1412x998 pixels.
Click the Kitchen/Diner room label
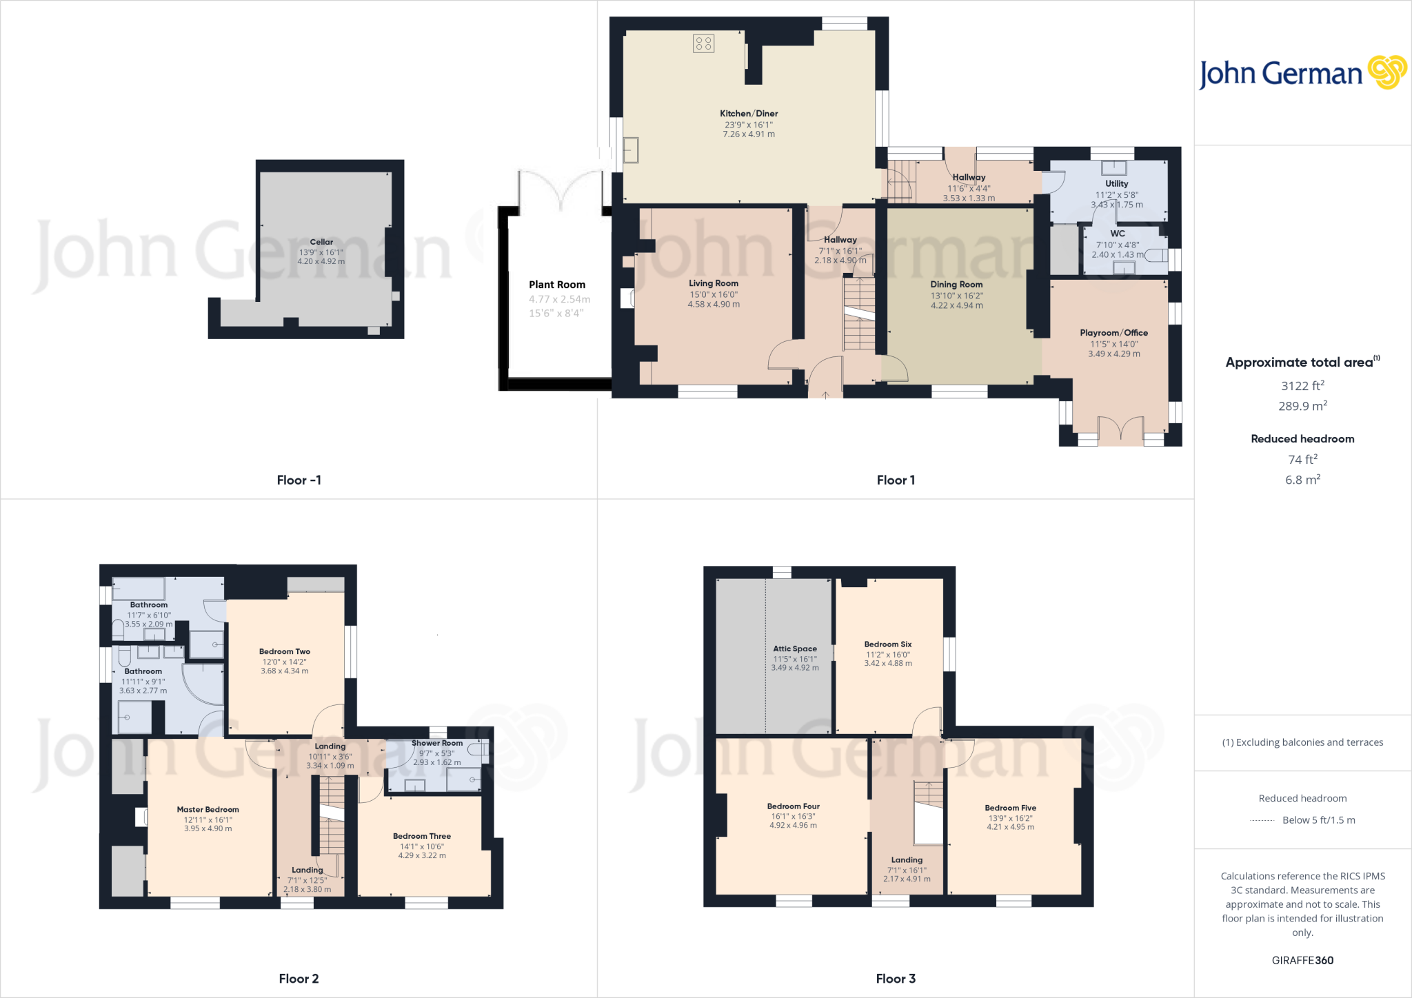pyautogui.click(x=749, y=114)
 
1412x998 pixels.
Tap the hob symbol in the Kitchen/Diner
pyautogui.click(x=703, y=44)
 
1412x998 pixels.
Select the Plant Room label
pyautogui.click(x=557, y=285)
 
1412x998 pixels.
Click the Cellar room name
pyautogui.click(x=321, y=242)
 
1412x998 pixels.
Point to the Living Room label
pyautogui.click(x=714, y=283)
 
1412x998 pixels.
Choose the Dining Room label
pyautogui.click(x=956, y=285)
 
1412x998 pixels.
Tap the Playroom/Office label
pyautogui.click(x=1114, y=333)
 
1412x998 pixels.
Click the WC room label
pyautogui.click(x=1118, y=234)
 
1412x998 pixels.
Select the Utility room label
pyautogui.click(x=1117, y=184)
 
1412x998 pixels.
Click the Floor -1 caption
pyautogui.click(x=299, y=480)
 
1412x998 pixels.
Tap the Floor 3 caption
pyautogui.click(x=896, y=979)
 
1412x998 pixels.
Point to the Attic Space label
pyautogui.click(x=795, y=649)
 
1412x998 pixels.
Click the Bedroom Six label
pyautogui.click(x=888, y=644)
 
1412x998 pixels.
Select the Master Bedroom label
pyautogui.click(x=208, y=810)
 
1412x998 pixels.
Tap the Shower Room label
pyautogui.click(x=437, y=743)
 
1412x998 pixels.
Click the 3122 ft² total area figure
pyautogui.click(x=1302, y=385)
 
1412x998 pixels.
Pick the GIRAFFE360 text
pyautogui.click(x=1302, y=960)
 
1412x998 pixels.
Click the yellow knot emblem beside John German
pyautogui.click(x=1387, y=72)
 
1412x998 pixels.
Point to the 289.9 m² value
pyautogui.click(x=1302, y=406)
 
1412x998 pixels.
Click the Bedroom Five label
pyautogui.click(x=1011, y=808)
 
